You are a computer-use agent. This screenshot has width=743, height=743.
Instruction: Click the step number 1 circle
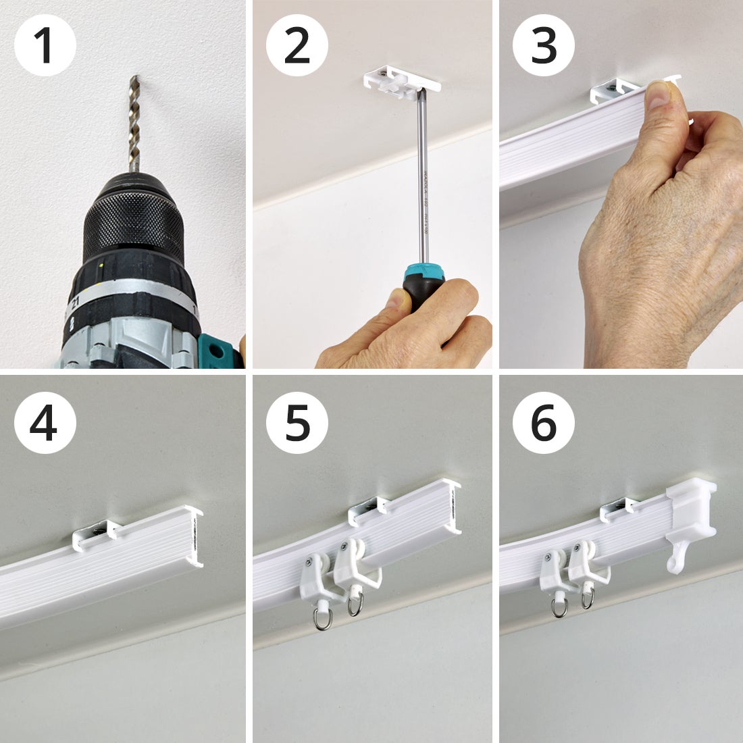pyautogui.click(x=45, y=45)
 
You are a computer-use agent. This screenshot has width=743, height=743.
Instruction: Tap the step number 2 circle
pyautogui.click(x=297, y=45)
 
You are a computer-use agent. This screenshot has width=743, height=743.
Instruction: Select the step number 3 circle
pyautogui.click(x=544, y=45)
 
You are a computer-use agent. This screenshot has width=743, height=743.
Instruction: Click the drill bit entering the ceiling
pyautogui.click(x=134, y=122)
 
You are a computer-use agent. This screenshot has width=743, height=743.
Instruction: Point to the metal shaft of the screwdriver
pyautogui.click(x=422, y=182)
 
